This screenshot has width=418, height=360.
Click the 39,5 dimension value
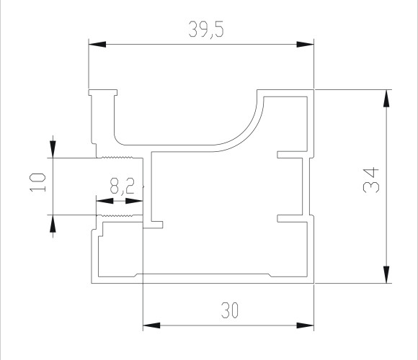(206, 30)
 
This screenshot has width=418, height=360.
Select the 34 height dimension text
(371, 180)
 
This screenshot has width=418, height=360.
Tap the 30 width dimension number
(229, 310)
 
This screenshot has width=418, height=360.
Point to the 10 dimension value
(37, 182)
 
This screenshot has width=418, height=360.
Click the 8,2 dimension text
(122, 186)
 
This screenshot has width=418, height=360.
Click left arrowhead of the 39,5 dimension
(97, 44)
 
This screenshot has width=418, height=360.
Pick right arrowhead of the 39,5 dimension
(306, 44)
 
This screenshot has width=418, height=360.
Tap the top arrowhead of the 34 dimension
(386, 99)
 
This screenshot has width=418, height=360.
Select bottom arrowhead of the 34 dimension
(386, 274)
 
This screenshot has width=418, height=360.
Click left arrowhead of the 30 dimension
(151, 325)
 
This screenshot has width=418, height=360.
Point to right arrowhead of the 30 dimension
(306, 325)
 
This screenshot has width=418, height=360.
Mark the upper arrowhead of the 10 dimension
(53, 149)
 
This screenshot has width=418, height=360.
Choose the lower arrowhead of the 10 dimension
(53, 223)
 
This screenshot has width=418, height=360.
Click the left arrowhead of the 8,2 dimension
(104, 201)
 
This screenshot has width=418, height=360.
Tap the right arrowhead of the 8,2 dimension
(134, 201)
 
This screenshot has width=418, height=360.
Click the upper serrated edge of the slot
(117, 157)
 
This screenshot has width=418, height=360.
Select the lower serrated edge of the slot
(117, 215)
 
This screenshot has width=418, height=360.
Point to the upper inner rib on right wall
(293, 155)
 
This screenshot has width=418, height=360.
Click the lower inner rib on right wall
(293, 218)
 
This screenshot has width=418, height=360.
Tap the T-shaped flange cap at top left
(103, 93)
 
